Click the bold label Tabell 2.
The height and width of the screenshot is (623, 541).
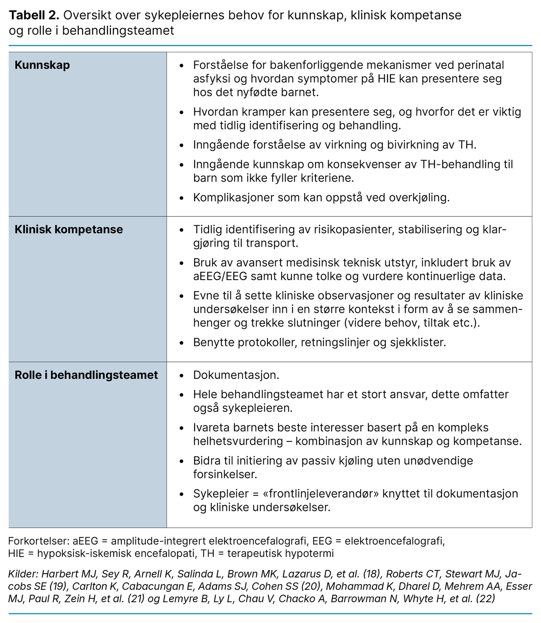coord(34,16)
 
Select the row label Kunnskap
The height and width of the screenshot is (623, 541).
coord(42,65)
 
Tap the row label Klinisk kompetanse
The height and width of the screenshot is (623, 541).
coord(69,229)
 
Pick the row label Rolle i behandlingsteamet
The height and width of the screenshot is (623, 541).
coord(86,375)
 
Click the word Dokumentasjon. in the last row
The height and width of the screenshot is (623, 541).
coord(236,375)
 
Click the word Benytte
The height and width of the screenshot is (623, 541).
coord(214,342)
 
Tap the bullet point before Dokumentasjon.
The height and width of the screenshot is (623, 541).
coord(182,376)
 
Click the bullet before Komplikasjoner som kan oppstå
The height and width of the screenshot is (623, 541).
coord(182,198)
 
